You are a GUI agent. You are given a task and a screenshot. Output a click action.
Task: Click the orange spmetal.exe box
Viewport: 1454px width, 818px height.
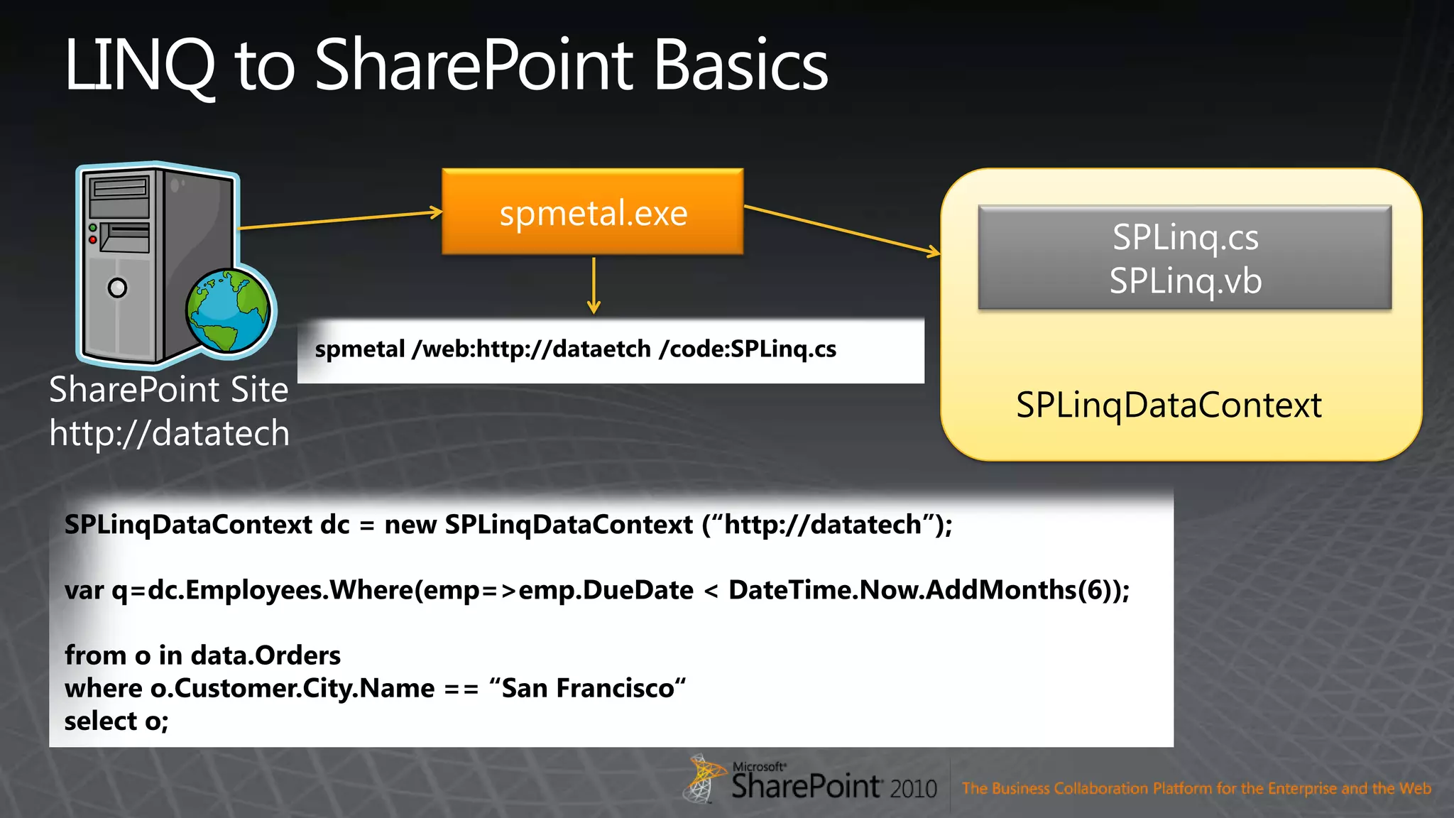pyautogui.click(x=592, y=212)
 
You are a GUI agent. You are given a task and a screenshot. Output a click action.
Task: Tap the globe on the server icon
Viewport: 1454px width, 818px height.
pyautogui.click(x=229, y=310)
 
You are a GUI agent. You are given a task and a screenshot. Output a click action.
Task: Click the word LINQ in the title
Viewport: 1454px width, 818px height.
pyautogui.click(x=139, y=66)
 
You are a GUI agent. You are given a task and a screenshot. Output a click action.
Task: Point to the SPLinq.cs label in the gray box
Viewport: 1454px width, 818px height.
pyautogui.click(x=1185, y=237)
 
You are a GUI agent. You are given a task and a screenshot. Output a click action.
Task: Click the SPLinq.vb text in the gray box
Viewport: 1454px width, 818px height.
pyautogui.click(x=1185, y=281)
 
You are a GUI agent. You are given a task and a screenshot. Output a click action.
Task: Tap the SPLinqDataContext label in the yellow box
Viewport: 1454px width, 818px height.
pyautogui.click(x=1169, y=405)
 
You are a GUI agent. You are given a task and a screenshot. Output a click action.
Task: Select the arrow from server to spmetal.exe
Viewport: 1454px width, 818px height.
pyautogui.click(x=341, y=219)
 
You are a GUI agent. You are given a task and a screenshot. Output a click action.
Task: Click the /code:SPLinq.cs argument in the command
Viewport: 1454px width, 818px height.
pyautogui.click(x=748, y=349)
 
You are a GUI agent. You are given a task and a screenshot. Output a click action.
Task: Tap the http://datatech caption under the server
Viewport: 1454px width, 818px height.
pyautogui.click(x=169, y=433)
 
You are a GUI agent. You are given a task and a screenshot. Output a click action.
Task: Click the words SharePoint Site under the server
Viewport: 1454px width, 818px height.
pyautogui.click(x=169, y=390)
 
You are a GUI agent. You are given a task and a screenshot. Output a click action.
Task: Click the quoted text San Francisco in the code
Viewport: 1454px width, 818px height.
pyautogui.click(x=588, y=688)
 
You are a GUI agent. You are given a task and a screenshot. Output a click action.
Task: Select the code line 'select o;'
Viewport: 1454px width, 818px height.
pyautogui.click(x=116, y=721)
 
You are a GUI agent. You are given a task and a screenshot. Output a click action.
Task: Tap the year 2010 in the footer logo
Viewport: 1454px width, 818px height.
pyautogui.click(x=914, y=788)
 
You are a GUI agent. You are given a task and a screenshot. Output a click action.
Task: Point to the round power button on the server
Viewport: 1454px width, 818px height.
pyautogui.click(x=117, y=288)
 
